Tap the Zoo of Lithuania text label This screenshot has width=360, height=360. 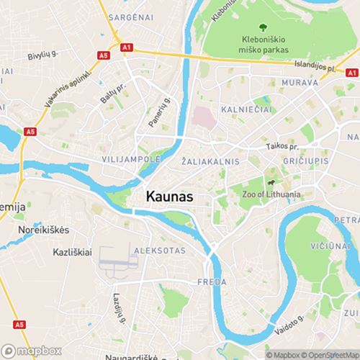[273, 195]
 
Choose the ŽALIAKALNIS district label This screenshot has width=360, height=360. [211, 162]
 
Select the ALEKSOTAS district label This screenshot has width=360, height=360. [159, 251]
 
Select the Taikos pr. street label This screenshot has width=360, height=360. [280, 146]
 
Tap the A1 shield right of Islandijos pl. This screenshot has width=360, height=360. [351, 73]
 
